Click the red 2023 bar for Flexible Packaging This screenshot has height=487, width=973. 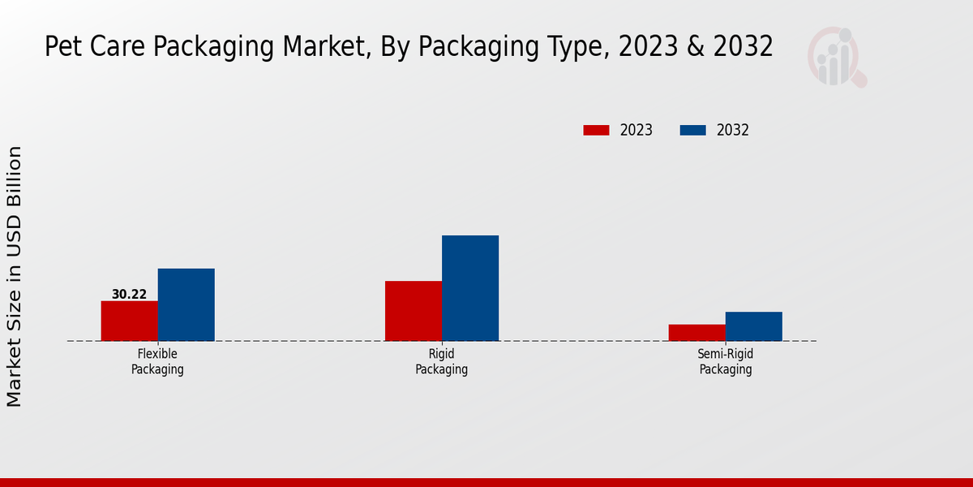[x=129, y=321]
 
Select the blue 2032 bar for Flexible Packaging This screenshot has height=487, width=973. [x=186, y=304]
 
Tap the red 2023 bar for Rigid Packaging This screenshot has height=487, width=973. [x=414, y=311]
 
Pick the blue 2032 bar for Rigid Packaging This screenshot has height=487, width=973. [x=470, y=288]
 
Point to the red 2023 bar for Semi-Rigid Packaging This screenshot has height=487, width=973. [x=697, y=333]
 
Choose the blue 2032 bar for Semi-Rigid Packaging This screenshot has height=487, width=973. [x=753, y=326]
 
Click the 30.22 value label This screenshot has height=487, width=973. [x=129, y=295]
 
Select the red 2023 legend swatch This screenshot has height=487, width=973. [x=596, y=130]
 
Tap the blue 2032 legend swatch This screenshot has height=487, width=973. [x=692, y=130]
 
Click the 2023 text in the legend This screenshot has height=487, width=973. [x=637, y=130]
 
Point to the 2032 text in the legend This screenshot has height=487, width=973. [x=733, y=130]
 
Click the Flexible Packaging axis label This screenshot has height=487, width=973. [x=157, y=362]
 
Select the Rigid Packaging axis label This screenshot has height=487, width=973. [x=441, y=362]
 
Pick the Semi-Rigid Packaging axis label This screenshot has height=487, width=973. [x=726, y=362]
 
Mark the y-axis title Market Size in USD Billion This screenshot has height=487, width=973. [x=15, y=276]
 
